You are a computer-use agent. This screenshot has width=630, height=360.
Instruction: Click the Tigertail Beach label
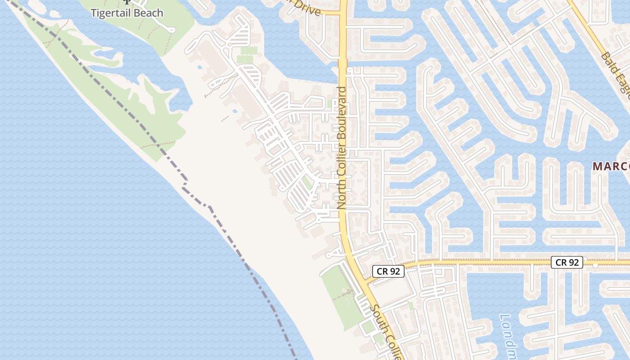[x=127, y=13]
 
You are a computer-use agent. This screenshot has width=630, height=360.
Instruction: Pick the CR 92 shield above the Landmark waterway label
[x=567, y=262]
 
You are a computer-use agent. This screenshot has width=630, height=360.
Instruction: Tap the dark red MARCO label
[x=611, y=166]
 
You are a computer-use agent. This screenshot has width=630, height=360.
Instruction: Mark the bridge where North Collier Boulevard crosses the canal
[x=343, y=63]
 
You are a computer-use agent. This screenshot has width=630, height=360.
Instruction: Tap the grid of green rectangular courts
[x=247, y=54]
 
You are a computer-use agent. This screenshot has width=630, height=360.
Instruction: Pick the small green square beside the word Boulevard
[x=330, y=104]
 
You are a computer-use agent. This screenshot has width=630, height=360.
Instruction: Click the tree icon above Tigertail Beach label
[x=127, y=2]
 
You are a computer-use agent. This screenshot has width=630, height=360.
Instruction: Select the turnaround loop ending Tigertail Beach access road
[x=171, y=29]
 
